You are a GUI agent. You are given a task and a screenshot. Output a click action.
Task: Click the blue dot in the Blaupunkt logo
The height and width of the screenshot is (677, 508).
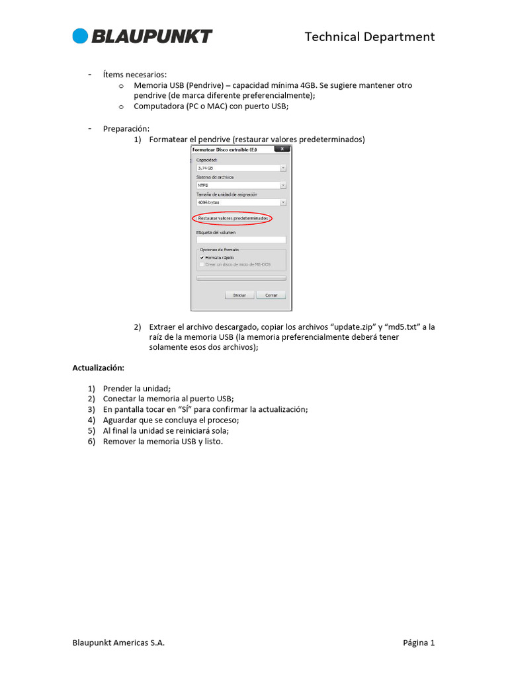click(80, 36)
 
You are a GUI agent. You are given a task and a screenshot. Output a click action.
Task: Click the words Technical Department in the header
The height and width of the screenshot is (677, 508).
click(369, 37)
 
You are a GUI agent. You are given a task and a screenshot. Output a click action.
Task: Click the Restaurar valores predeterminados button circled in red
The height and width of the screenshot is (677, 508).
click(232, 218)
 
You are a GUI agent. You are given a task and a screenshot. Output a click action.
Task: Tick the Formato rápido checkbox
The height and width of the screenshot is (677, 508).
click(202, 257)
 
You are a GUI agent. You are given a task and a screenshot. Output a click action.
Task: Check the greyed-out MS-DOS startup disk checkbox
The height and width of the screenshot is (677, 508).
click(202, 264)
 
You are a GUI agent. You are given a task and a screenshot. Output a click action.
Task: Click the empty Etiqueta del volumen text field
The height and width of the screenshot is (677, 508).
click(241, 240)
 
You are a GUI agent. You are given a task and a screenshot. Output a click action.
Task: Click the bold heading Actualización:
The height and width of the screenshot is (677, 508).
click(98, 367)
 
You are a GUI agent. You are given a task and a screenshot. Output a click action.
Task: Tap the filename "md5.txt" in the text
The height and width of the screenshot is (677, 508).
click(405, 327)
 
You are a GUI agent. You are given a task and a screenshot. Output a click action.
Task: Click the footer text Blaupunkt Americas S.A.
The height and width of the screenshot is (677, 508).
click(118, 643)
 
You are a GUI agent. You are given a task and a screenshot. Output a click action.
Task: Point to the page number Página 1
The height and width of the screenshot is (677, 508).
click(419, 643)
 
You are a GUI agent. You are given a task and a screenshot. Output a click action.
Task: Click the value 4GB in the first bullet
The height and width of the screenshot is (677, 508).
click(308, 86)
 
